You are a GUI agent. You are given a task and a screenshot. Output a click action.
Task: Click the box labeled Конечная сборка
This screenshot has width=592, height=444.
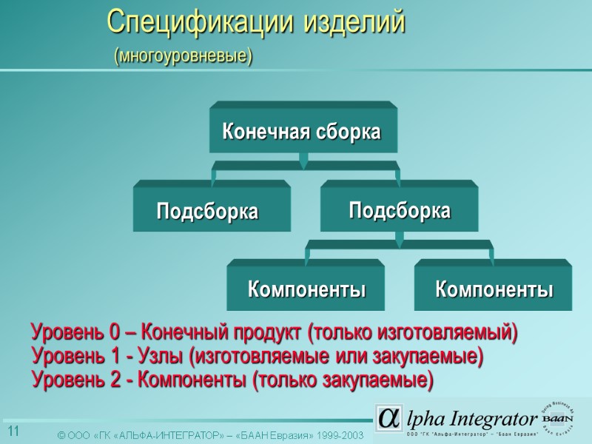pos(302,132)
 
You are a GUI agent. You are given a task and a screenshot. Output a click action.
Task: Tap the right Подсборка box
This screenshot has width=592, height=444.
pos(399,210)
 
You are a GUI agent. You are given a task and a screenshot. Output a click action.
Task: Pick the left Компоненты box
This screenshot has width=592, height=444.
pos(306,289)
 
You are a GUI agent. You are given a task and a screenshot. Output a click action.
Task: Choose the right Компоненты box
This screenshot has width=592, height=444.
pos(494,289)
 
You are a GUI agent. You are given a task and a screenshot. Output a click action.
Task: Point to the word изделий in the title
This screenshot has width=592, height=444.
pos(355,22)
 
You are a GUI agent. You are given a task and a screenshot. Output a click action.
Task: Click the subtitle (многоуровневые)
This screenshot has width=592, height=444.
pos(182,55)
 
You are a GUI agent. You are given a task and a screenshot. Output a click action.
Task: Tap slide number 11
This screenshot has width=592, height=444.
pos(13,431)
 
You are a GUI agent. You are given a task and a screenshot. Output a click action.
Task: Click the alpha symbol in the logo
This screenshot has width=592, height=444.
pos(388,419)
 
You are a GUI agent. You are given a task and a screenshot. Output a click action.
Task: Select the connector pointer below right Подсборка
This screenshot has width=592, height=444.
pos(399,240)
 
